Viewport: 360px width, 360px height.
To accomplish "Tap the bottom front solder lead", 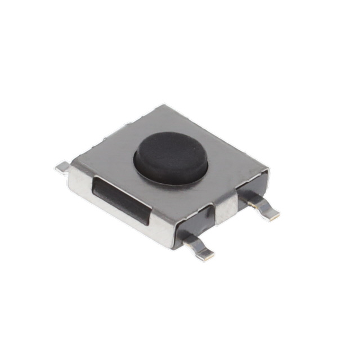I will pyautogui.click(x=199, y=247).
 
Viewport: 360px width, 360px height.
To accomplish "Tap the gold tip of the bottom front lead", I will pyautogui.click(x=207, y=255).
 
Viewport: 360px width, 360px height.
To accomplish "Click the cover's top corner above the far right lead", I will pyautogui.click(x=267, y=169).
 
